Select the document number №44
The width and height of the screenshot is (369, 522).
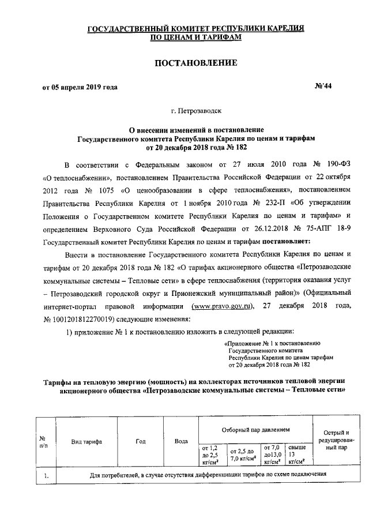(323, 87)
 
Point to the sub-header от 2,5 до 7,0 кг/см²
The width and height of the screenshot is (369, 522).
(242, 454)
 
